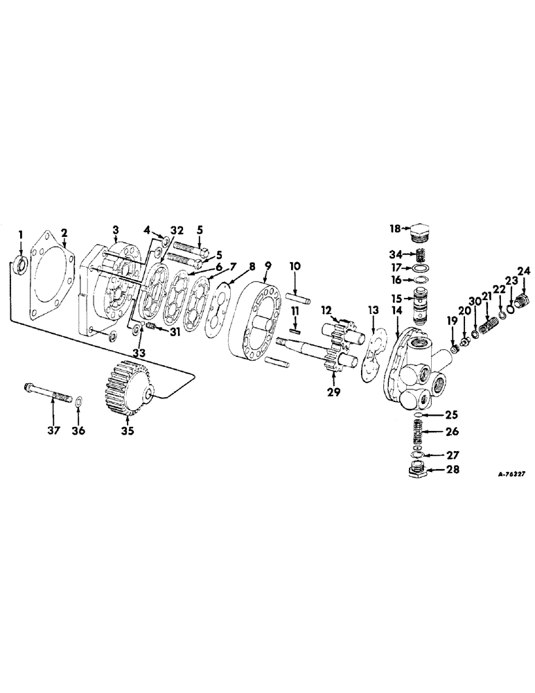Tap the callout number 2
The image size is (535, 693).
coord(64,232)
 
